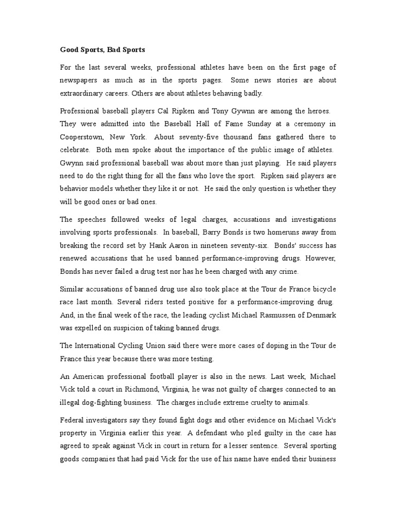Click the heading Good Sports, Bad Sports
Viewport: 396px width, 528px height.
(x=103, y=50)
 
